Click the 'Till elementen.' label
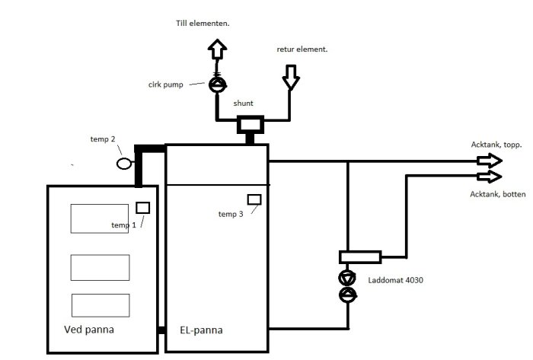[203, 24]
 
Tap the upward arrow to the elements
[217, 49]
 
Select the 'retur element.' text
[302, 49]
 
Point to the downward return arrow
[291, 78]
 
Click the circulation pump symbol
[218, 84]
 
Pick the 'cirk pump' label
[166, 84]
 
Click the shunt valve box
[251, 124]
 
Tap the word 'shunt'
[243, 104]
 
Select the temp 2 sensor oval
[124, 164]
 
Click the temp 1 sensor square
[143, 208]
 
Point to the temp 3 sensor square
[254, 199]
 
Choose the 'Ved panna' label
[89, 330]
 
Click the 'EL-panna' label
[201, 330]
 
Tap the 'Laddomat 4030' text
[396, 280]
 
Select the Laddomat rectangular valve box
[360, 257]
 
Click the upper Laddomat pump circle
[347, 278]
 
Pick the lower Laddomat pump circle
[347, 295]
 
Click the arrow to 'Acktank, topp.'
[490, 161]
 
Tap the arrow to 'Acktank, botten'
[490, 177]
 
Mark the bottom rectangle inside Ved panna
[101, 305]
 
